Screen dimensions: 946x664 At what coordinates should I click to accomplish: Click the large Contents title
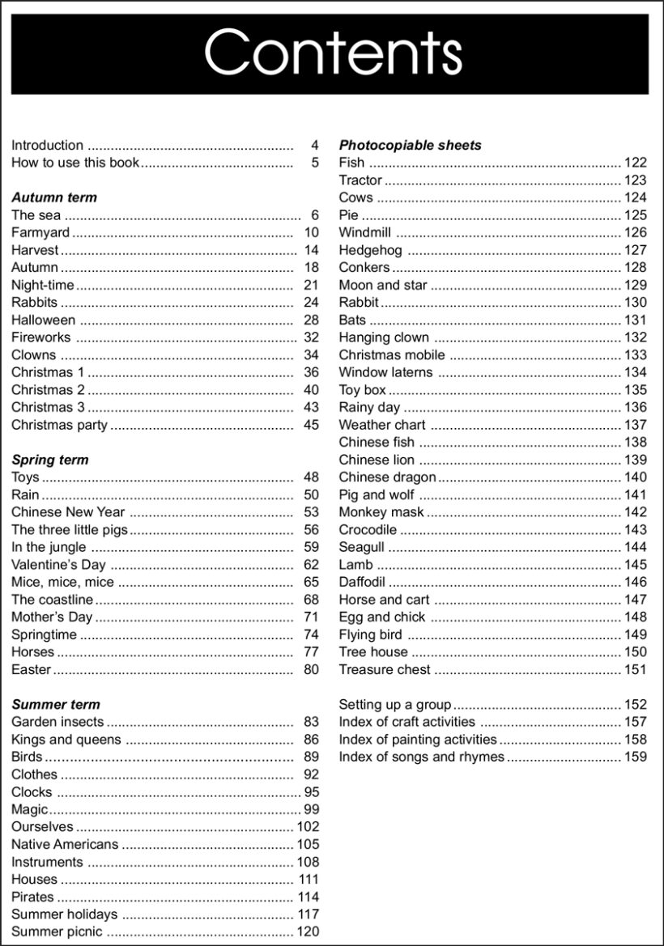click(x=333, y=53)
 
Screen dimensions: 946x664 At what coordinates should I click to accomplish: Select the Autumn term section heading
click(x=54, y=197)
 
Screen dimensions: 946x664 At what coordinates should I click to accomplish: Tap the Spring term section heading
click(x=50, y=460)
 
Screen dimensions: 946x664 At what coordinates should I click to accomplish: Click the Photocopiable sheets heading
click(x=410, y=146)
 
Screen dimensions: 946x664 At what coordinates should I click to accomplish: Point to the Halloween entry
click(x=43, y=320)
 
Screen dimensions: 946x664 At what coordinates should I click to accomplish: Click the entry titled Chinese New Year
click(x=68, y=512)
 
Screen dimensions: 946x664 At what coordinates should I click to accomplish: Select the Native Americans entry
click(x=65, y=845)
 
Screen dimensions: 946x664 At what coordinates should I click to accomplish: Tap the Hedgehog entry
click(x=370, y=250)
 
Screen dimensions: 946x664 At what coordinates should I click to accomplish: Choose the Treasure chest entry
click(x=385, y=670)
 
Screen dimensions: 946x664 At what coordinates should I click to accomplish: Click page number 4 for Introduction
click(x=315, y=146)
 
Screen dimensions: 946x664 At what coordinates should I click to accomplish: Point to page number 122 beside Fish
click(x=636, y=163)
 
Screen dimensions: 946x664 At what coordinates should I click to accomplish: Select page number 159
click(x=636, y=757)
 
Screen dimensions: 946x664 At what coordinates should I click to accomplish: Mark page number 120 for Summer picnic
click(x=309, y=932)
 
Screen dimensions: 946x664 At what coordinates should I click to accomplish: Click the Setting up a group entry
click(x=395, y=705)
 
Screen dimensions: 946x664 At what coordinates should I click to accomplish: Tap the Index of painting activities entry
click(x=418, y=740)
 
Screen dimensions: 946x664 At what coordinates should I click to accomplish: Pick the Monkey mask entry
click(x=381, y=512)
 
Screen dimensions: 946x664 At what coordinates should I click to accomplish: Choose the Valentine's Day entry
click(x=58, y=565)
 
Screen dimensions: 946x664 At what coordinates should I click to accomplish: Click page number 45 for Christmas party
click(x=311, y=425)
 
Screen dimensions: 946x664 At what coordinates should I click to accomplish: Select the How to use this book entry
click(x=75, y=163)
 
